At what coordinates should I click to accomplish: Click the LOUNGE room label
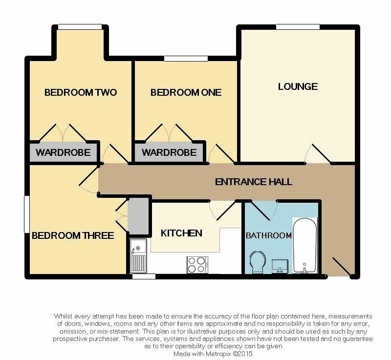click(298, 86)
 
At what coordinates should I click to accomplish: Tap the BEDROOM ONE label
click(186, 92)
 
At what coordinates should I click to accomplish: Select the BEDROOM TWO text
click(81, 92)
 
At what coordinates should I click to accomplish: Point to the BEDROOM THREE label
click(73, 235)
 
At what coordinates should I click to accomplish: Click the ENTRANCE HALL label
click(253, 182)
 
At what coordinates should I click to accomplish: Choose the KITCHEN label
click(181, 233)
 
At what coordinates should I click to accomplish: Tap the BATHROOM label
click(268, 235)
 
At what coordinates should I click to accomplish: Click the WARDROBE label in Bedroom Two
click(63, 152)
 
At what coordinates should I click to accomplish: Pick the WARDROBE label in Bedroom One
click(169, 152)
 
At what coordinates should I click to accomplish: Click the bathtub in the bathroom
click(304, 245)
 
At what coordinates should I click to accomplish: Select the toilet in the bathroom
click(258, 262)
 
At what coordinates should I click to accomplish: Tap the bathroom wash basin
click(280, 266)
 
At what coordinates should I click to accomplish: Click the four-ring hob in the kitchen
click(197, 265)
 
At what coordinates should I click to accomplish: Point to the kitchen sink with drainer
click(138, 255)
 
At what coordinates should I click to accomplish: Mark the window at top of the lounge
click(298, 27)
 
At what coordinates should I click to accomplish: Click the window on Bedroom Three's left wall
click(27, 214)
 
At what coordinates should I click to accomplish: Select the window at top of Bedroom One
click(186, 58)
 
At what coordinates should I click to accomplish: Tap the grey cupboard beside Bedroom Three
click(138, 216)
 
